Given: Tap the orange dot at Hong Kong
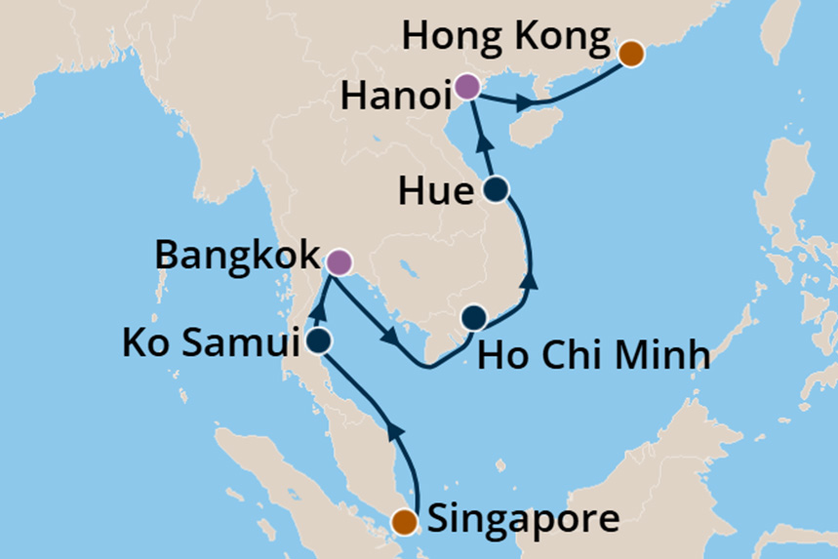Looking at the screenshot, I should [x=631, y=53].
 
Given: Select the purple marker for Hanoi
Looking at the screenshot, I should [x=466, y=88].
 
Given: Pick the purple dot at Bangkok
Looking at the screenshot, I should [x=338, y=261].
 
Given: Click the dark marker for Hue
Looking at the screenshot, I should [x=496, y=189].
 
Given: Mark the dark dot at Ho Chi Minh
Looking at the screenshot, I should [x=473, y=317].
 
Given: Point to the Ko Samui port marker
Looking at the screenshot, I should [x=318, y=340].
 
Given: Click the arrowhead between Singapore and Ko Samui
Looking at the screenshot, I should [x=393, y=429].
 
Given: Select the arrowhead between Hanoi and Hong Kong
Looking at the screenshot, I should [x=526, y=101].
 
